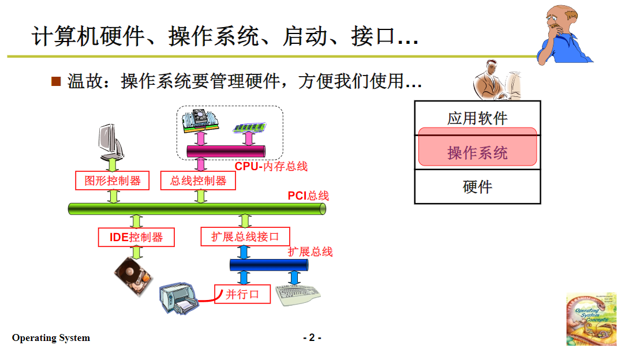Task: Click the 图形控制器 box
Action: [x=112, y=181]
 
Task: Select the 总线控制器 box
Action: [x=199, y=181]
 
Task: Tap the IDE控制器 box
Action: [x=136, y=237]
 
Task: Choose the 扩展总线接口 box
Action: [x=245, y=237]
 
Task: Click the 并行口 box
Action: [x=242, y=294]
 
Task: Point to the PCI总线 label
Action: [x=308, y=196]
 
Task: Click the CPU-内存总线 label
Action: [x=271, y=166]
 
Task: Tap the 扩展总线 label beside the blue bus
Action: [x=311, y=252]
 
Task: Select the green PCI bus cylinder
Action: [x=196, y=209]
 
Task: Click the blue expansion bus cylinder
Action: [x=268, y=265]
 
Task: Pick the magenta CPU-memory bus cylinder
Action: [x=226, y=151]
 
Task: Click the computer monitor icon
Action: [x=110, y=141]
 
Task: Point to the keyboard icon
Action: [x=298, y=295]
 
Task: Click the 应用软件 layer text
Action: [x=477, y=118]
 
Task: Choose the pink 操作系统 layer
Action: [x=477, y=152]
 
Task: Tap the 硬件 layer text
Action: [x=477, y=187]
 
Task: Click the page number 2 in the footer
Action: [x=312, y=337]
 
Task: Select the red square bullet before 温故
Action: [x=56, y=81]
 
